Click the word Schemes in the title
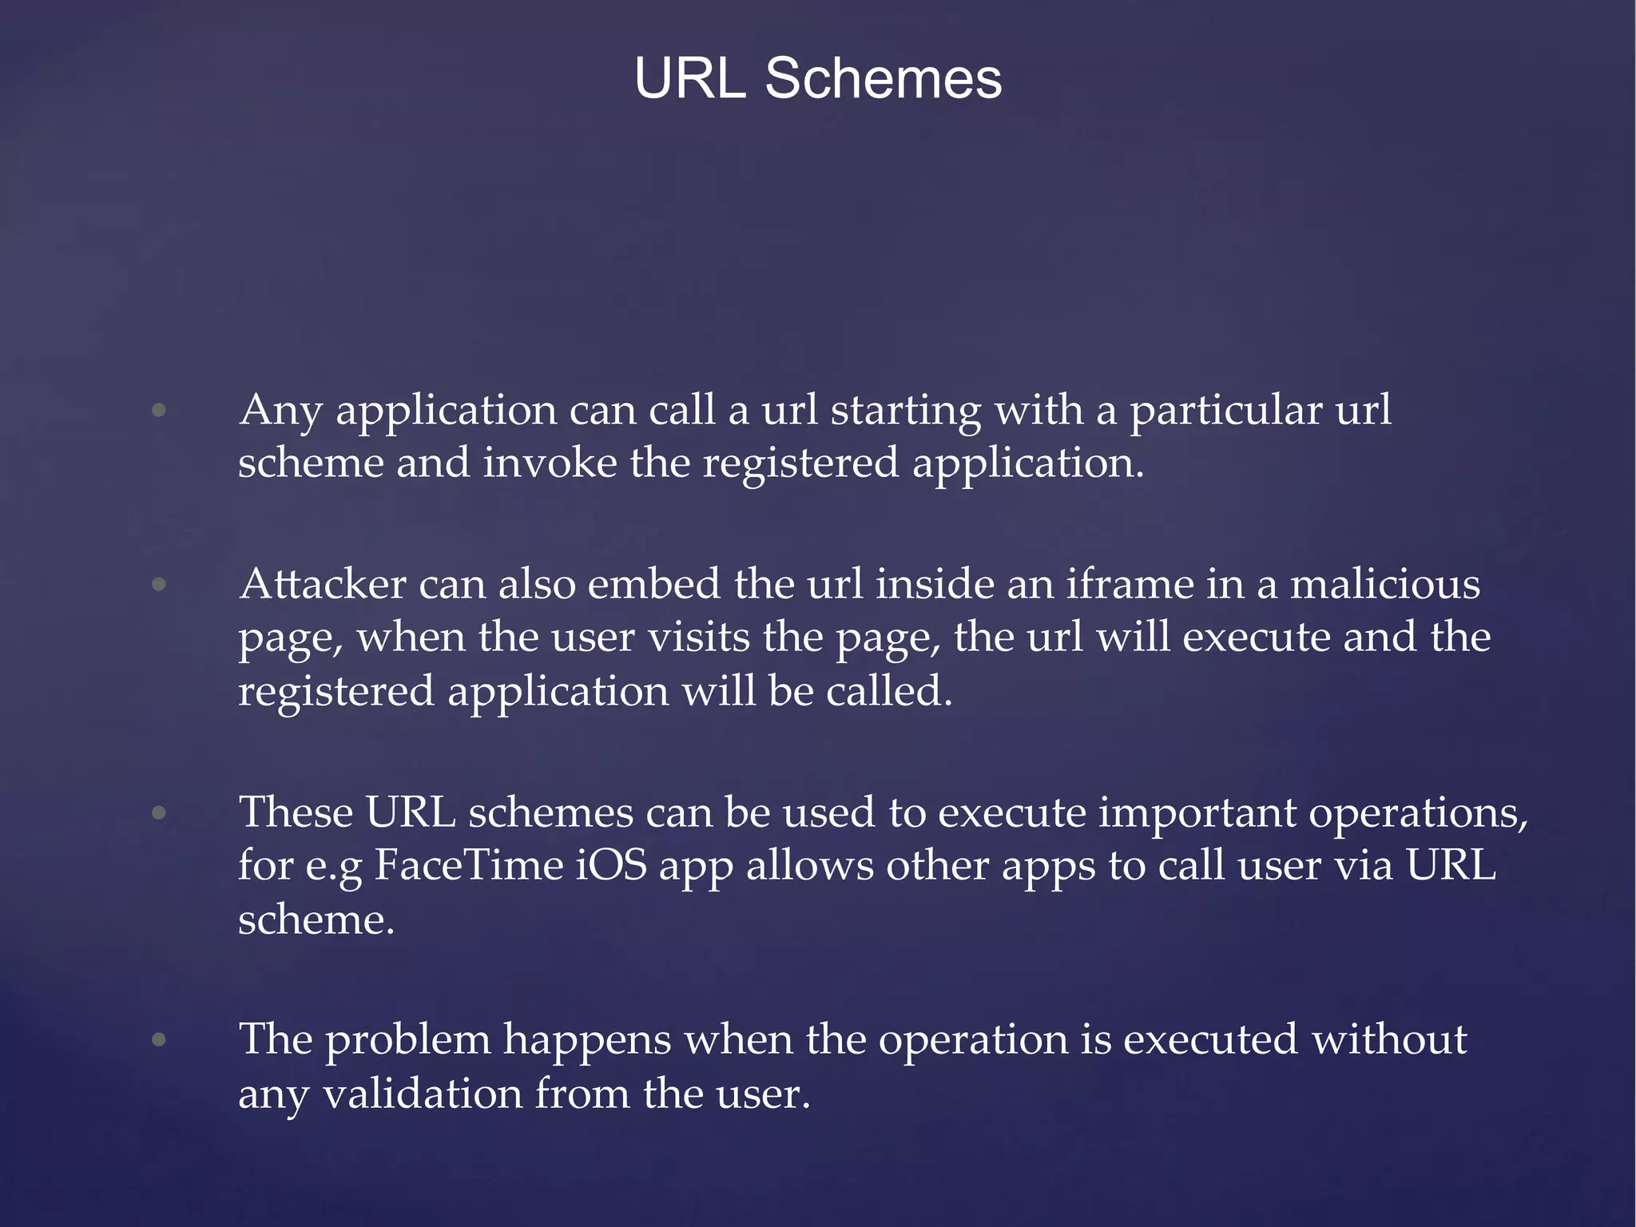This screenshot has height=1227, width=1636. click(883, 79)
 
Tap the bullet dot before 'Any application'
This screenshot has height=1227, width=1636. click(159, 411)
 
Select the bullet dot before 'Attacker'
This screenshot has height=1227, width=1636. click(159, 585)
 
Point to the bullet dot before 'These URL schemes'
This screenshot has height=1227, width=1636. click(159, 813)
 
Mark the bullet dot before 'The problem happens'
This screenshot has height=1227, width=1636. click(159, 1040)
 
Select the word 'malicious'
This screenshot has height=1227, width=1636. click(1385, 584)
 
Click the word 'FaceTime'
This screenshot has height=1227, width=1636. click(468, 865)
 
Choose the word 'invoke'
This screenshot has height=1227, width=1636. click(550, 463)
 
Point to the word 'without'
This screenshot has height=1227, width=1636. click(1389, 1040)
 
